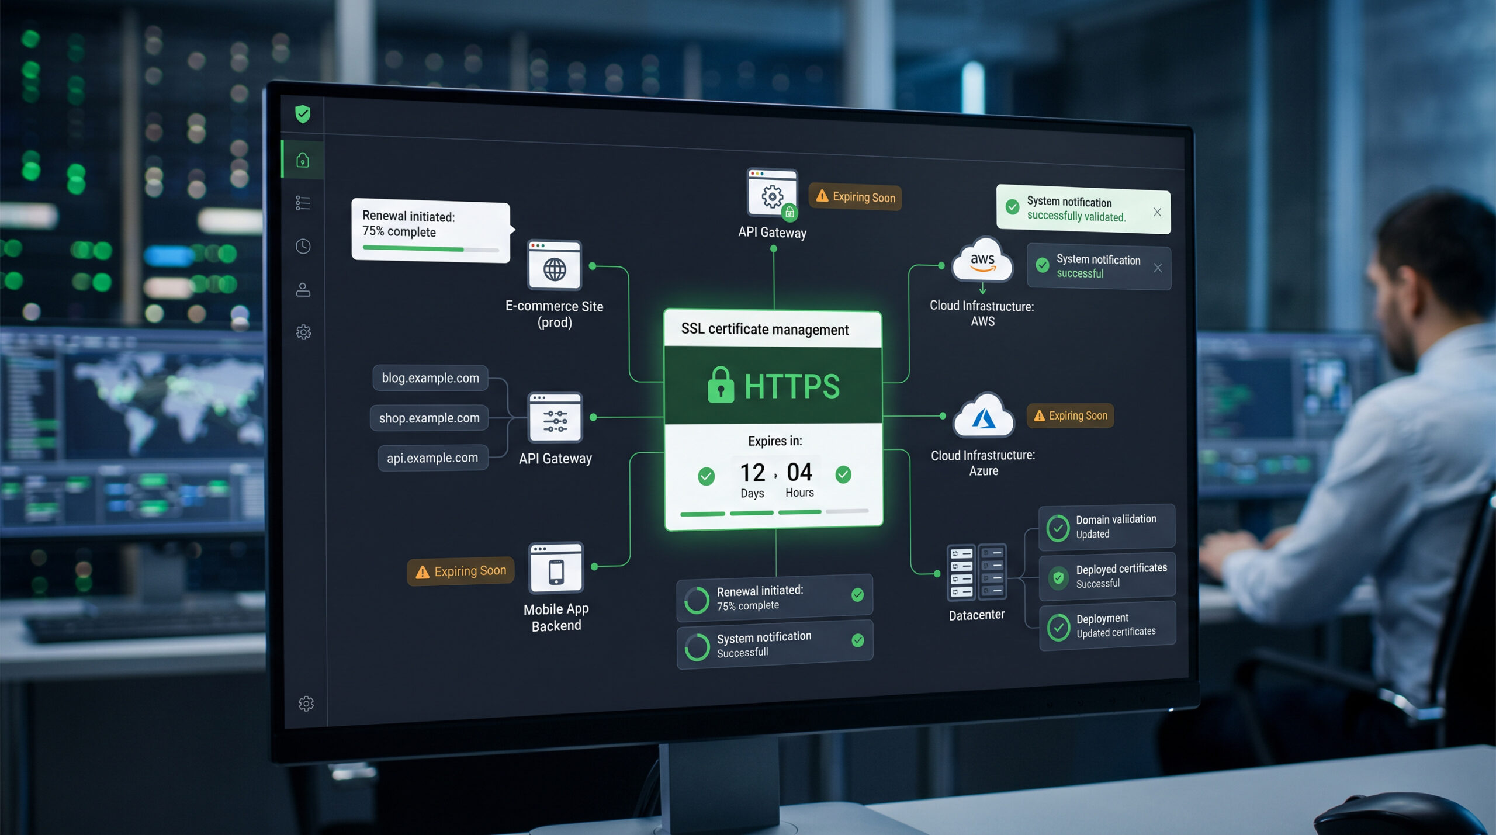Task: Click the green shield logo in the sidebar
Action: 303,114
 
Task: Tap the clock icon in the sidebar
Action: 303,247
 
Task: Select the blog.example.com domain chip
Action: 430,378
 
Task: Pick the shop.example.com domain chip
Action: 429,418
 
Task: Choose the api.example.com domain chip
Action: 432,458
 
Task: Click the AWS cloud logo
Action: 982,261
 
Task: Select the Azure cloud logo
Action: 984,417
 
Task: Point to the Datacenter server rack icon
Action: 976,573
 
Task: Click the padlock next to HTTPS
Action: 721,385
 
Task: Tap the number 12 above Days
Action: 752,473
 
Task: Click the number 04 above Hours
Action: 799,472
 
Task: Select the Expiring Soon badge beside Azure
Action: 1071,416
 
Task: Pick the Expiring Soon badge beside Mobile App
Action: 460,571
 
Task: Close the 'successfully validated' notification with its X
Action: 1157,212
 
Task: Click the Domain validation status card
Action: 1106,527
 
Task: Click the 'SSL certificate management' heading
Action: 764,330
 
